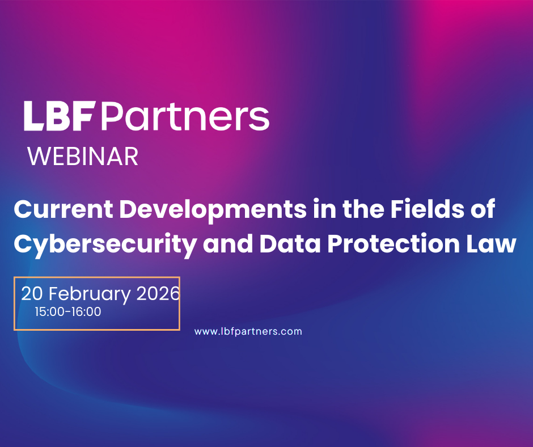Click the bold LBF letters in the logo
(58, 116)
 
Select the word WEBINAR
(83, 157)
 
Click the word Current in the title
(64, 209)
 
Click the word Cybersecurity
(105, 244)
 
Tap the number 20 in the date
(32, 294)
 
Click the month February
(90, 294)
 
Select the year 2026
(158, 294)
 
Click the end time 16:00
(86, 311)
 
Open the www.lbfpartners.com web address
(248, 331)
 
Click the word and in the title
(228, 243)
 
